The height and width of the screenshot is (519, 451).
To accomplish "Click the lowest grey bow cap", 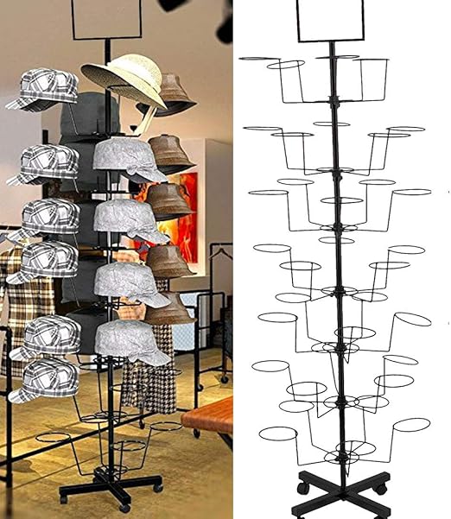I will (x=131, y=339).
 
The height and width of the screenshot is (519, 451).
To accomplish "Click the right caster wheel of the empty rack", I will (x=378, y=490).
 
